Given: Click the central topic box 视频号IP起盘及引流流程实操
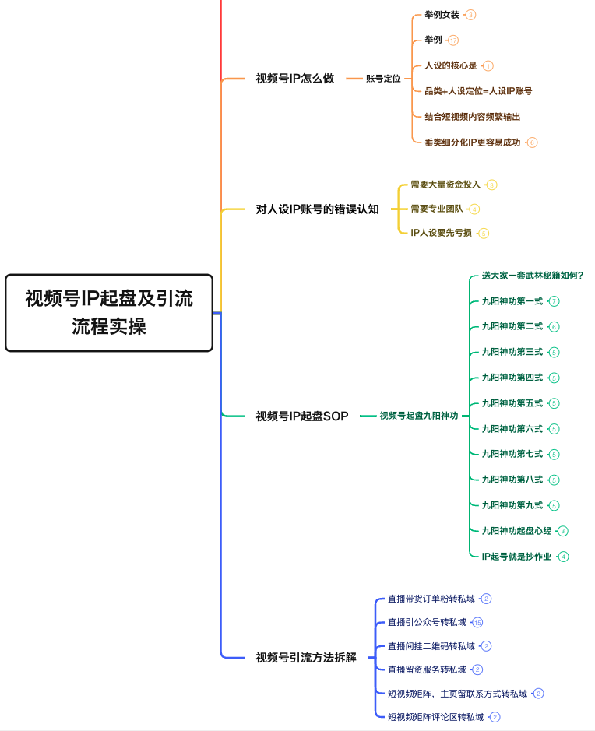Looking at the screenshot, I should pos(109,312).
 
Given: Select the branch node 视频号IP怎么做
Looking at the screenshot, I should pos(294,79).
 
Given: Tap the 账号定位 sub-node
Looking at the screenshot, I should pos(383,79).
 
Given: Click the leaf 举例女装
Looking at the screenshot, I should pos(442,15).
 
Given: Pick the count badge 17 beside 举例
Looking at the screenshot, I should pos(453,40).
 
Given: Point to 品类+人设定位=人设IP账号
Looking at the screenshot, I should pos(478,91).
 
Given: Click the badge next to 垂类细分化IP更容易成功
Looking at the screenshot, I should pos(532,142).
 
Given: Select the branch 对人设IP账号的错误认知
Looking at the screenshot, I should pos(317,209).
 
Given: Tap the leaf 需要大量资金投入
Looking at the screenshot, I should pos(445,185).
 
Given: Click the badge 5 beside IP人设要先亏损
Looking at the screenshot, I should pos(484,233).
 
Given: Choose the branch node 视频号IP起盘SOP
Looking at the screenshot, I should pos(302,416).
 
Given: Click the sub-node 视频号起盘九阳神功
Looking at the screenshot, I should pos(418,416).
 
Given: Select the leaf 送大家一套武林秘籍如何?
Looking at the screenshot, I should pos(533,276).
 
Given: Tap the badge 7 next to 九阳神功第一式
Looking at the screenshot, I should pos(555,301).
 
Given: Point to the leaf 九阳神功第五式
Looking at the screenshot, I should pos(512,403).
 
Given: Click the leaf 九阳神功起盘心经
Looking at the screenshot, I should pos(516,531).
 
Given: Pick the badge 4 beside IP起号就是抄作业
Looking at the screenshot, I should pos(563,557).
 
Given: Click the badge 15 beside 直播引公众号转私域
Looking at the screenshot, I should pos(477,623).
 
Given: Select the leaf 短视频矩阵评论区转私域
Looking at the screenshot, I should pos(435,717).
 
